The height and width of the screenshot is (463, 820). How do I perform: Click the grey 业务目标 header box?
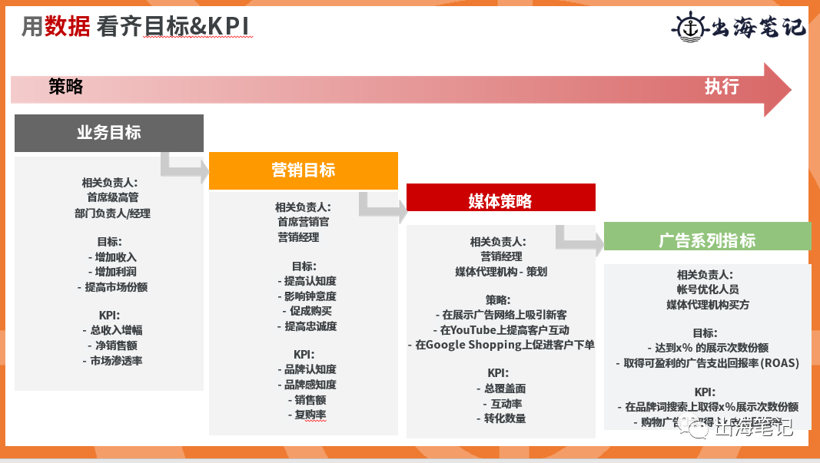tap(109, 133)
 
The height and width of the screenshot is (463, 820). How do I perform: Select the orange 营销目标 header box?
tap(304, 170)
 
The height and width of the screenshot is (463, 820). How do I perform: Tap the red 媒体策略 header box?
tap(500, 201)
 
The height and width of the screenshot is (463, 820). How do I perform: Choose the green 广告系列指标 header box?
tap(707, 240)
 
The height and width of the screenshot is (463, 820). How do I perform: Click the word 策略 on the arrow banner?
tap(66, 87)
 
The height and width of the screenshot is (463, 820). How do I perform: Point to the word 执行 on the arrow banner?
tap(722, 87)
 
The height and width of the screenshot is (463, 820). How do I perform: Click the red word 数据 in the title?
tap(68, 27)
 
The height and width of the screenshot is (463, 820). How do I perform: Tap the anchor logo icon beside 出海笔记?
tap(688, 25)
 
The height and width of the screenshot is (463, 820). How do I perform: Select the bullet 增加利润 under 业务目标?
tap(112, 272)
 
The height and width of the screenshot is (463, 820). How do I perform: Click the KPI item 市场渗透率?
tap(112, 360)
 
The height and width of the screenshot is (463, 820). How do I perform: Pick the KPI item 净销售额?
tap(112, 346)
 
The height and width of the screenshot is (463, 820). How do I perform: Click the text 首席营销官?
tap(304, 222)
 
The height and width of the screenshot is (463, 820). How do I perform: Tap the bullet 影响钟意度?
tap(306, 296)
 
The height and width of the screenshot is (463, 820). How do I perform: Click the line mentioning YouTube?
tap(500, 329)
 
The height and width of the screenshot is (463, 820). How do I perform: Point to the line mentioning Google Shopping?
tap(500, 345)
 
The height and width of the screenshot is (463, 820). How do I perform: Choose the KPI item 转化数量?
tap(500, 418)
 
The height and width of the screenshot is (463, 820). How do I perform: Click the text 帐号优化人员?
tap(707, 289)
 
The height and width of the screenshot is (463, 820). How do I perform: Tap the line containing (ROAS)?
tap(707, 363)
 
